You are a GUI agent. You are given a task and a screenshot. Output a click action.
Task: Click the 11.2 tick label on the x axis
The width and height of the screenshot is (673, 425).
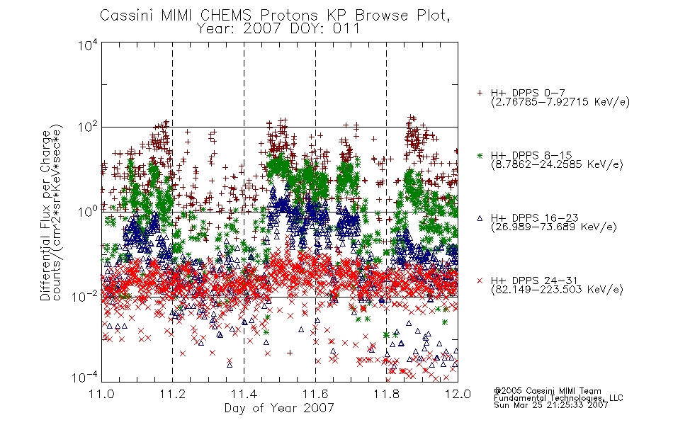[173, 394]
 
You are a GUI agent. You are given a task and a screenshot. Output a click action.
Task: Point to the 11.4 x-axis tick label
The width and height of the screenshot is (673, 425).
[244, 394]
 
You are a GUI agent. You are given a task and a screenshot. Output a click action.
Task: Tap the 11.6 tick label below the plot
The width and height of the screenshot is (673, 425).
[315, 394]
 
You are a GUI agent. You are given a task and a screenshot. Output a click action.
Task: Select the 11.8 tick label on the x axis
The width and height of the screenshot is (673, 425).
[386, 394]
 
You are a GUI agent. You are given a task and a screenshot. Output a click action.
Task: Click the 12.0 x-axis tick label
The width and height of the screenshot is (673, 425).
[458, 394]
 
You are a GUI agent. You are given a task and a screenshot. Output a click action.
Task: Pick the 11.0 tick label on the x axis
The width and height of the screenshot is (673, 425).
[101, 394]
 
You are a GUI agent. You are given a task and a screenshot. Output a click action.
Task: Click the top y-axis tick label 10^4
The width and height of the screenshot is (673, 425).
[88, 45]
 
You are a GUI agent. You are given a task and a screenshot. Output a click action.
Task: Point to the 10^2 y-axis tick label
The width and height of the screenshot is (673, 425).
[88, 128]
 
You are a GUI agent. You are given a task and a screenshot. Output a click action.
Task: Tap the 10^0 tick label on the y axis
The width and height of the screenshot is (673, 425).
[88, 212]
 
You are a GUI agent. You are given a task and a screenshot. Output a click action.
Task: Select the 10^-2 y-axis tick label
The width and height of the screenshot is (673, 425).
[84, 296]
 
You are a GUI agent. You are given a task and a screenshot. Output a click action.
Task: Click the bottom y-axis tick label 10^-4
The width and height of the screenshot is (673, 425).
[84, 378]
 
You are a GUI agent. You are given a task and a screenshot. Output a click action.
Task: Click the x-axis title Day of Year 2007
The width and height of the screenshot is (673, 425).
[279, 408]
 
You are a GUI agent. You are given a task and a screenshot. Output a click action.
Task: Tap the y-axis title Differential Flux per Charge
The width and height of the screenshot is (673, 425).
[45, 215]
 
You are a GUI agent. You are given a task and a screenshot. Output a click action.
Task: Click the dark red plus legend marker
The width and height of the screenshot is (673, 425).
[480, 93]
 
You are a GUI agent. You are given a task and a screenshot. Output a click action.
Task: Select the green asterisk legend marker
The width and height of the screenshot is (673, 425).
[480, 155]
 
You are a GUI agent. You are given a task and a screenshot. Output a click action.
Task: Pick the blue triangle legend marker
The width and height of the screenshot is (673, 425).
[480, 218]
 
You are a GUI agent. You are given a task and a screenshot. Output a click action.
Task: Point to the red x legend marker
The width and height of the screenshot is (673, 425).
[480, 280]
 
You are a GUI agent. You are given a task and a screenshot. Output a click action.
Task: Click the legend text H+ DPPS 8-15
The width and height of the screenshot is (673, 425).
[531, 155]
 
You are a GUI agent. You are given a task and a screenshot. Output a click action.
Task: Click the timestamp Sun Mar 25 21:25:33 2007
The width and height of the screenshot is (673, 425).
[551, 405]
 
